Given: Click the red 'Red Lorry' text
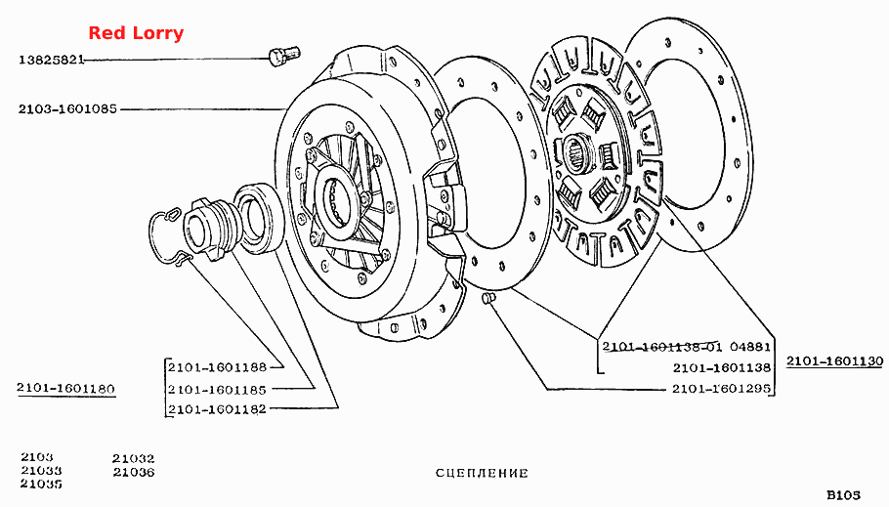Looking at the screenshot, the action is pos(136,33).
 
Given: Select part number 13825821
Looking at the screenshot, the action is pos(52,60).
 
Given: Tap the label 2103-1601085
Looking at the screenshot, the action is pos(67,108).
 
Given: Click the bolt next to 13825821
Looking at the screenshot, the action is pos(283,56).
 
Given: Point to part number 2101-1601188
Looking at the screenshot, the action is pos(217,367).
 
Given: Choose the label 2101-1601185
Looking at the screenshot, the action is pos(217,390).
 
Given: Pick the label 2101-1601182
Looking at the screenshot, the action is pos(217,409).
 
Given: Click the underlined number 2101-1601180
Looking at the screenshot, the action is pos(65,389).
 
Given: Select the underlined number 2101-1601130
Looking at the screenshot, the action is pos(834,361).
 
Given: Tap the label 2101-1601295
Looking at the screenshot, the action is pos(722,389).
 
